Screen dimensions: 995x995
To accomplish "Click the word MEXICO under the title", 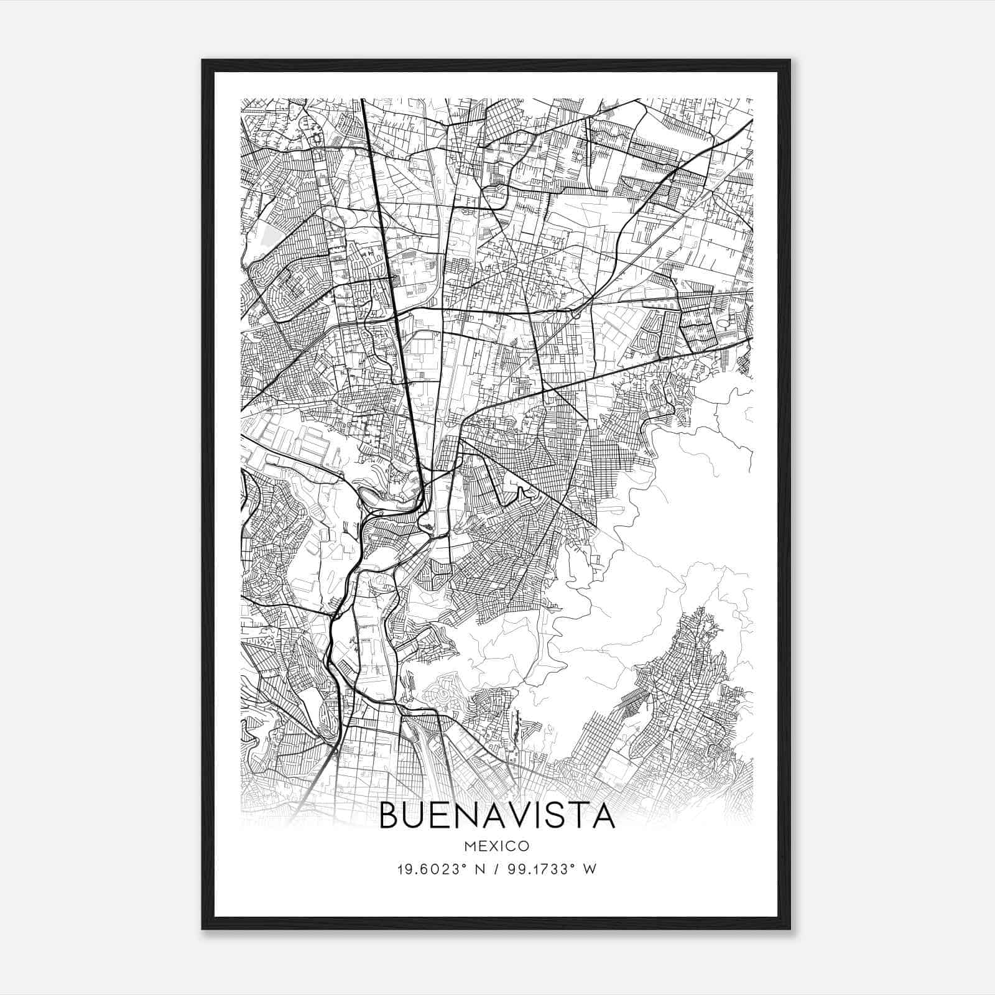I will point(497,846).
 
